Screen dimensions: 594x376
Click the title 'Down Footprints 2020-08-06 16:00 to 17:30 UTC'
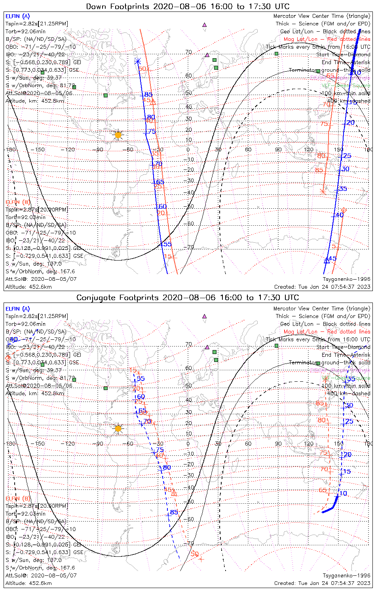coord(188,6)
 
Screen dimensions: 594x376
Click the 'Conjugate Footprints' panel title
coord(188,297)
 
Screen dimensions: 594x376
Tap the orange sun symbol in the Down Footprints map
coord(118,135)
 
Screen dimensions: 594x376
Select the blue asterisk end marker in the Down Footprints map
coord(138,61)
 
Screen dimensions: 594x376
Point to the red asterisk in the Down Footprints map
coord(323,192)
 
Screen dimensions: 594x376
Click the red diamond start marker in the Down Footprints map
coord(344,210)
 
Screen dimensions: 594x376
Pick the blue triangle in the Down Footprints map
coord(327,260)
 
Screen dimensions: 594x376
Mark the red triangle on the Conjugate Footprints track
coord(174,493)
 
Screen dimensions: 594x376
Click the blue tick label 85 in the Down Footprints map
coord(148,94)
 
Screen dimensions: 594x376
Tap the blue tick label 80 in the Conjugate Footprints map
coord(167,467)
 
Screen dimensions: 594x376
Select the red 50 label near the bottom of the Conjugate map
coord(194,554)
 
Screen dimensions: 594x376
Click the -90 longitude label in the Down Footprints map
coord(100,149)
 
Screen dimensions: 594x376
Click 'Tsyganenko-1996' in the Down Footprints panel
coord(347,279)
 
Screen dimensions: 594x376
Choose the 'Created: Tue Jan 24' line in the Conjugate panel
coord(322,583)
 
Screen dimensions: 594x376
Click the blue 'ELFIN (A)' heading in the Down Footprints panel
coord(18,16)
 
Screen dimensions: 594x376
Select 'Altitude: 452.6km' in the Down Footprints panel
coord(28,287)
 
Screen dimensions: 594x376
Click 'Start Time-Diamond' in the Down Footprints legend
coord(343,55)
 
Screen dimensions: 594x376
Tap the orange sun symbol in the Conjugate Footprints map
coord(118,428)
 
